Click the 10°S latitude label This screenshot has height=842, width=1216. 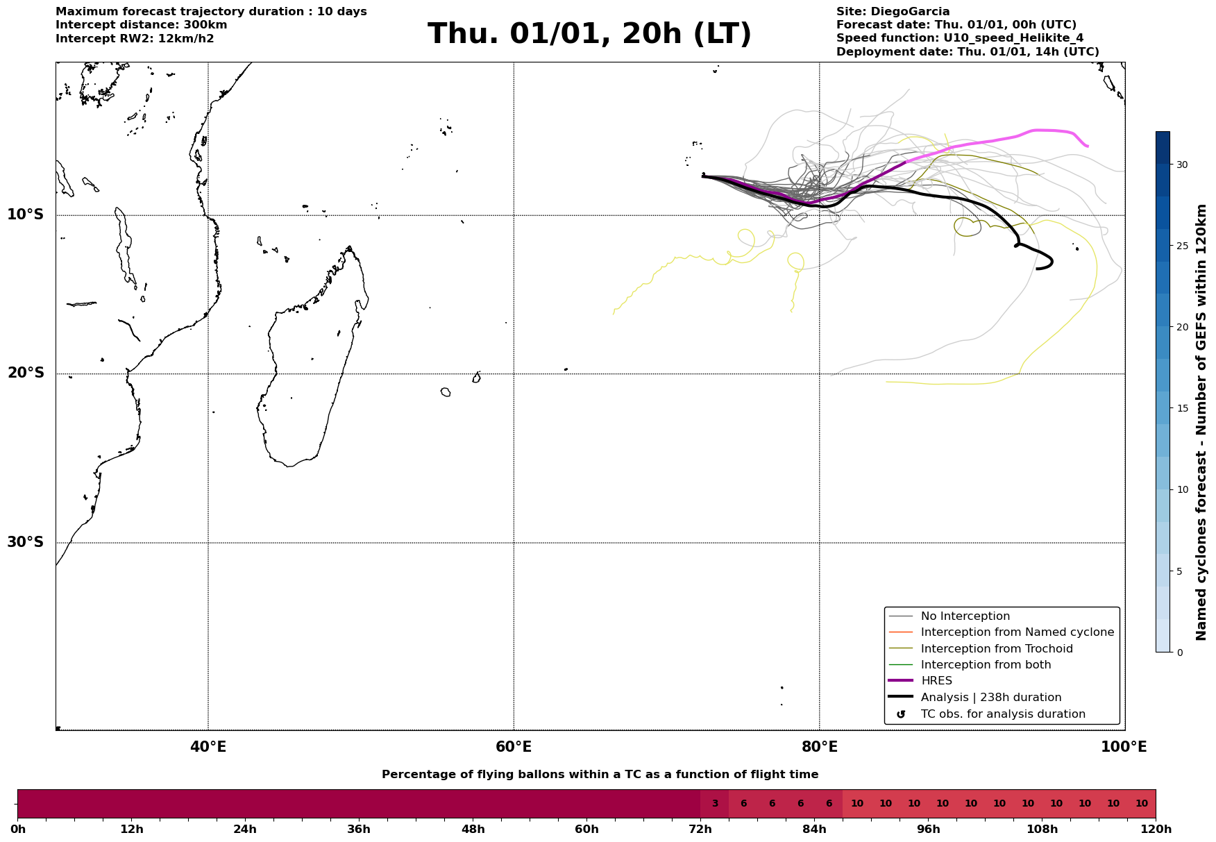click(26, 214)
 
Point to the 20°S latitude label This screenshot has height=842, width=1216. click(26, 373)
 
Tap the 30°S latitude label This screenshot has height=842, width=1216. click(26, 542)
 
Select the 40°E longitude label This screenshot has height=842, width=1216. click(208, 747)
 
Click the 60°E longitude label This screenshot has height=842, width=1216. click(514, 747)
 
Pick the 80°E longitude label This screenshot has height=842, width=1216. click(819, 747)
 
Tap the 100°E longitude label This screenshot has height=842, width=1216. click(1124, 747)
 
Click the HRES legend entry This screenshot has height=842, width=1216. click(936, 681)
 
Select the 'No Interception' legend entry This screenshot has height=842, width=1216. click(965, 616)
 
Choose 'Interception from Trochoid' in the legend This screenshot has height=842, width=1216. click(996, 649)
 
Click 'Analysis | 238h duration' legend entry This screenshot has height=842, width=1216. click(990, 698)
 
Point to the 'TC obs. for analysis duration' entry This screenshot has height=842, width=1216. click(1002, 714)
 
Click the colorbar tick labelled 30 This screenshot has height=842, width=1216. click(1181, 165)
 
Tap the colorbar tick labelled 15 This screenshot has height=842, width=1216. click(1181, 408)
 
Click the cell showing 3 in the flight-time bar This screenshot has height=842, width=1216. click(715, 804)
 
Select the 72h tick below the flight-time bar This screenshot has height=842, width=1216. click(700, 830)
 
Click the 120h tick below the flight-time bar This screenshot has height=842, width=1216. click(1156, 830)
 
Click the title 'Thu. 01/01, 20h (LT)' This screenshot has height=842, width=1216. click(589, 34)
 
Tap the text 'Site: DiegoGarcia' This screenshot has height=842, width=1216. click(893, 12)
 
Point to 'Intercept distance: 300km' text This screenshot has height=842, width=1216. click(142, 25)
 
